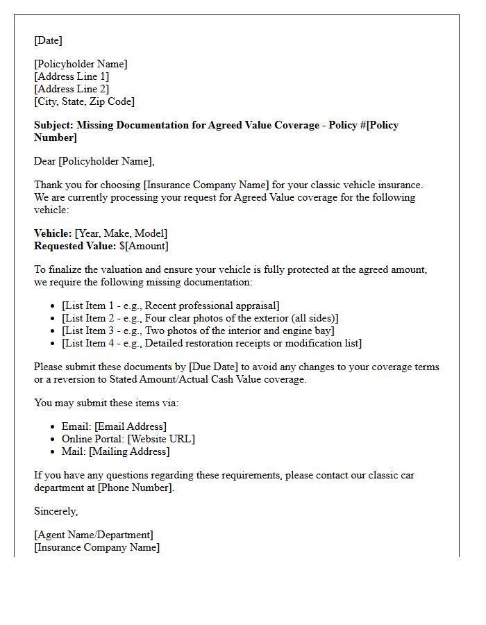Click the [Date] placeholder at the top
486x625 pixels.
click(x=48, y=40)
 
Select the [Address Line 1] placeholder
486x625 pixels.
click(x=72, y=76)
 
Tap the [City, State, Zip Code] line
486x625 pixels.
click(x=84, y=101)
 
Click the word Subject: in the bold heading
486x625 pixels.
click(x=53, y=125)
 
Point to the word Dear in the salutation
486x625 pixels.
click(x=45, y=161)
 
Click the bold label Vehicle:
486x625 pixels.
click(x=53, y=233)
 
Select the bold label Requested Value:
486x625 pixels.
click(x=75, y=246)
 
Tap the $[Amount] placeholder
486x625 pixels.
click(x=144, y=246)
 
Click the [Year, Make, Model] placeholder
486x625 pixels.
click(x=121, y=233)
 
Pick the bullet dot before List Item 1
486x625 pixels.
click(x=54, y=306)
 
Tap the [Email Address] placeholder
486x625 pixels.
click(x=131, y=426)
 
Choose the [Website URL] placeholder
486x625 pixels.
click(x=161, y=439)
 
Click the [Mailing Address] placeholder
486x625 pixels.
click(x=128, y=451)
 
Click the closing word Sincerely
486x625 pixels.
click(x=56, y=511)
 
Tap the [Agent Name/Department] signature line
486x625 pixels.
click(x=94, y=535)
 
